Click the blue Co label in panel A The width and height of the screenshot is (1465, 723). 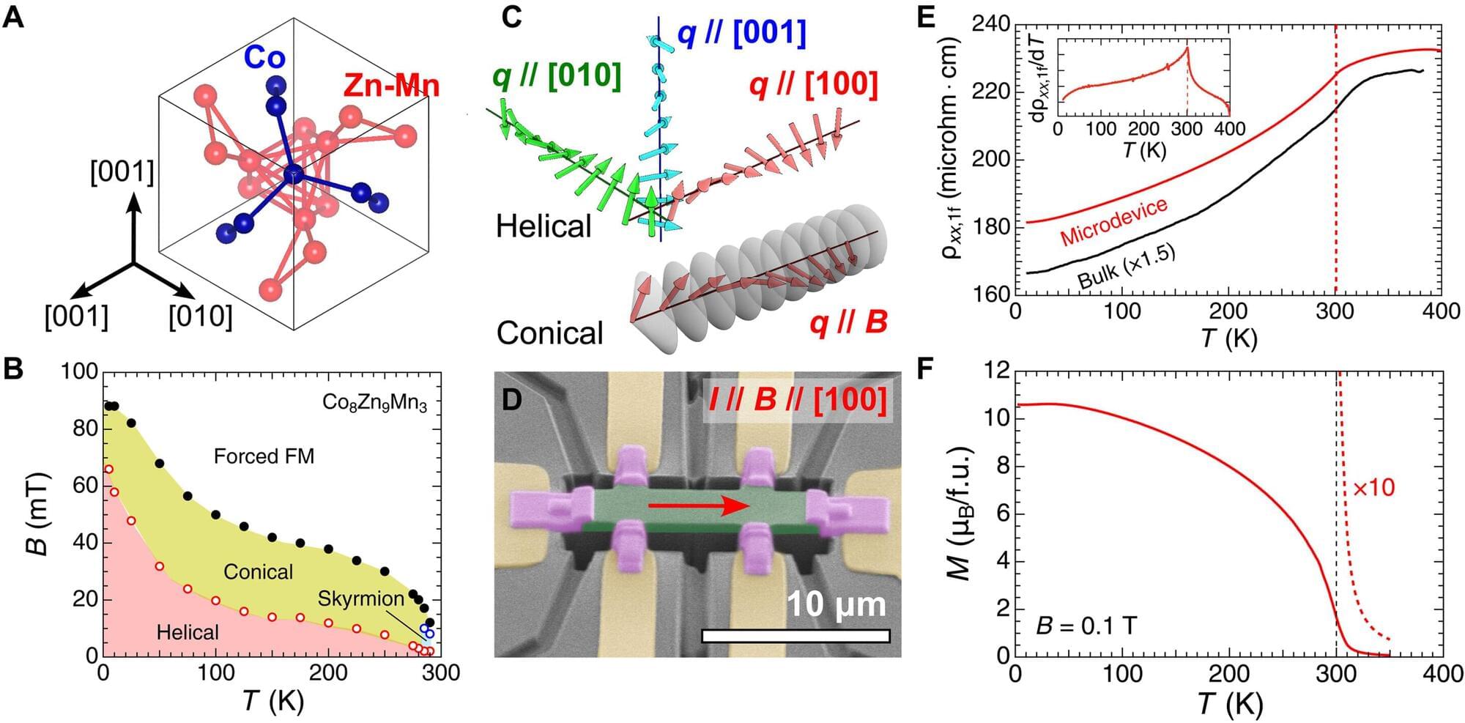tap(264, 57)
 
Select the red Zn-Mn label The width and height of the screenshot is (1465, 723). tap(391, 86)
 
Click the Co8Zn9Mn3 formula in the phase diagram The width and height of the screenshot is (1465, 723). tap(374, 403)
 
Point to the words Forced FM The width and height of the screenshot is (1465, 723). tap(264, 456)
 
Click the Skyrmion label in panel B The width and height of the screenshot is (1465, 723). tap(360, 598)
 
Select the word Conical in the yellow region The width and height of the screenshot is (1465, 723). tap(258, 571)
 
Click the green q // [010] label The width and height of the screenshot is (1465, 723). tap(557, 76)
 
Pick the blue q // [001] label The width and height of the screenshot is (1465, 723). tap(741, 33)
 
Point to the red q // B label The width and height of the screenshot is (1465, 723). tap(848, 322)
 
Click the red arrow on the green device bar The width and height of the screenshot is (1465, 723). tap(699, 505)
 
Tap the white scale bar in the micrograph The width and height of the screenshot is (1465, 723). tap(795, 636)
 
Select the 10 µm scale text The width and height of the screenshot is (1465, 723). tap(836, 605)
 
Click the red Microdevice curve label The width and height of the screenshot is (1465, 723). tap(1113, 222)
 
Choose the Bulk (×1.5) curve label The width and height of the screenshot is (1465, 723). tap(1127, 266)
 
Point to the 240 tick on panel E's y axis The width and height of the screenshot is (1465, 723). tap(990, 25)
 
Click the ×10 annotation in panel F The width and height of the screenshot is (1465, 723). tap(1373, 488)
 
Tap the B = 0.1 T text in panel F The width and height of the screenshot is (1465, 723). tap(1086, 626)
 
